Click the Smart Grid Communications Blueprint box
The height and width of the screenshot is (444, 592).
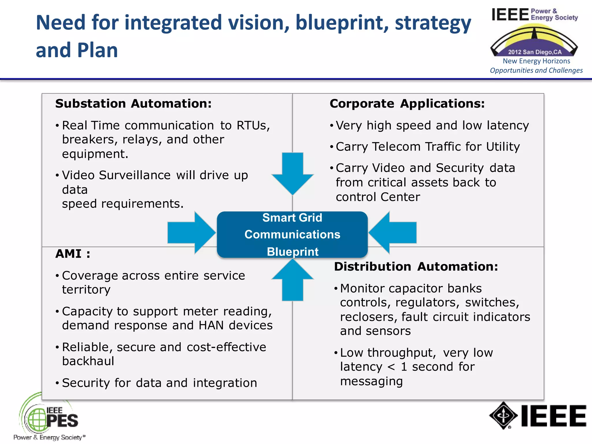(292, 234)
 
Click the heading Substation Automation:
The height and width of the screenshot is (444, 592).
(133, 104)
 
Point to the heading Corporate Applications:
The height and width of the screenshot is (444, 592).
(407, 104)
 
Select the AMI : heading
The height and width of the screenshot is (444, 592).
(73, 254)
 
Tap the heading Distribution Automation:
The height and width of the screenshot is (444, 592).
(416, 267)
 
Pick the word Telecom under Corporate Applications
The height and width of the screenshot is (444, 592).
(396, 147)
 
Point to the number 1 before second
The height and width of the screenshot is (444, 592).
(404, 367)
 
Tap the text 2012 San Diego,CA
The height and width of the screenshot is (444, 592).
(535, 52)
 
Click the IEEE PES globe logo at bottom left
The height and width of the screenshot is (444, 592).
(36, 419)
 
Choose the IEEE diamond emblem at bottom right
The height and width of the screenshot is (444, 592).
(503, 415)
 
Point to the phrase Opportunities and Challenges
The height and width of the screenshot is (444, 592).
(536, 71)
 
